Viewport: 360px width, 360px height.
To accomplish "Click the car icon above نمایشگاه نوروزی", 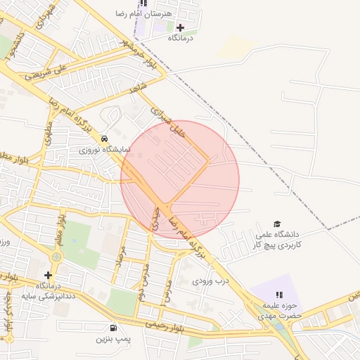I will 105,139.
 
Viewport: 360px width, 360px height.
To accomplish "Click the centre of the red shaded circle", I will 180,179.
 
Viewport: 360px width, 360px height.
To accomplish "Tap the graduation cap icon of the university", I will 276,224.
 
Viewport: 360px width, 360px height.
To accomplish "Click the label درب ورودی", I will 212,281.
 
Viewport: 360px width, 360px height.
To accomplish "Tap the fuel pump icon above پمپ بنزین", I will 113,328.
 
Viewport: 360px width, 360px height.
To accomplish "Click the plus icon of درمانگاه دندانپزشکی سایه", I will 48,275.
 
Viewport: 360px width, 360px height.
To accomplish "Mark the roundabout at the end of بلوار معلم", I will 56,257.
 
